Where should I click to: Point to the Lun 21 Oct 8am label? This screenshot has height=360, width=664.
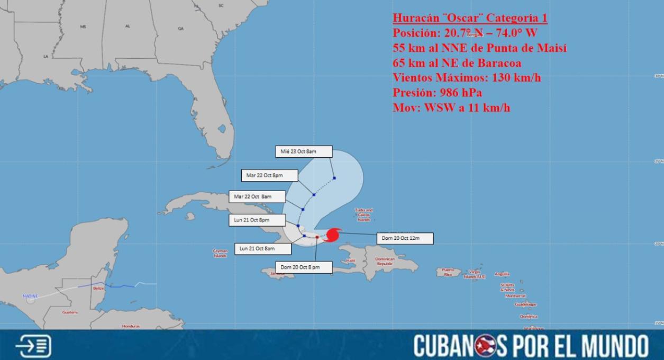[262, 248]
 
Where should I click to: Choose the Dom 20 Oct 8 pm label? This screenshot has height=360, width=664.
[304, 267]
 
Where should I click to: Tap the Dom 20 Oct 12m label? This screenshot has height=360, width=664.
[405, 238]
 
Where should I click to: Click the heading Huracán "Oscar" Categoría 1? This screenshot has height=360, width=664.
[470, 18]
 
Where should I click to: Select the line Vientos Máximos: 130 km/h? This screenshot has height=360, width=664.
[467, 78]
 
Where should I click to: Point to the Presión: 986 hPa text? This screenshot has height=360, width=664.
[437, 93]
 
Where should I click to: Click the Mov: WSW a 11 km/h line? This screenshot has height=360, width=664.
[451, 107]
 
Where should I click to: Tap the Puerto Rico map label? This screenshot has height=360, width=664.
[448, 272]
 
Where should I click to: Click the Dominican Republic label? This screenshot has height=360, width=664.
[385, 261]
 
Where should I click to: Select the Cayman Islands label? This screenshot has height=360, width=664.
[220, 253]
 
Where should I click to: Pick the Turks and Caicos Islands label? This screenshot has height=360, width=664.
[363, 214]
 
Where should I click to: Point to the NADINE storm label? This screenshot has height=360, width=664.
[30, 296]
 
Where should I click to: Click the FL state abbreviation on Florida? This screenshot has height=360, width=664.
[196, 98]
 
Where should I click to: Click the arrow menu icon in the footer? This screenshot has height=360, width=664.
[34, 346]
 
